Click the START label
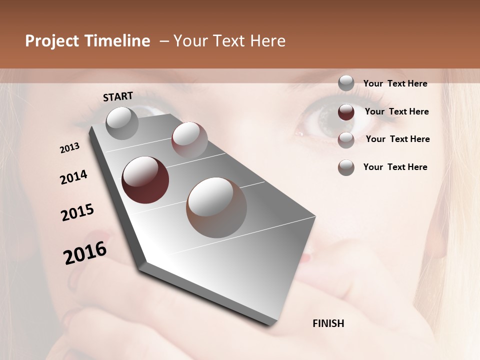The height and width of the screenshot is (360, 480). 118,96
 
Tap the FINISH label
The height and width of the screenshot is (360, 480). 328,323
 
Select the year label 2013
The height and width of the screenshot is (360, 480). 70,148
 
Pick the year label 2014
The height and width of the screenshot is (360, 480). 74,177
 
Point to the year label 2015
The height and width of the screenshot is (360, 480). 77,212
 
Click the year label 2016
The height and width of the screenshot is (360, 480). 85,253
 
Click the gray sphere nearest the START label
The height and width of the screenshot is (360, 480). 122,123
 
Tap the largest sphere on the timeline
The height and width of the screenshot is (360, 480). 216,207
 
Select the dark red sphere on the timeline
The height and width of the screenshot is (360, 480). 145,180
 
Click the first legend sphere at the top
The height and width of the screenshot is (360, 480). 346,83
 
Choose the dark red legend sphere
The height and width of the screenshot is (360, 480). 346,112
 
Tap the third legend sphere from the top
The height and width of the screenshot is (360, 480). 346,140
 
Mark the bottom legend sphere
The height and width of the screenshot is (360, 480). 346,167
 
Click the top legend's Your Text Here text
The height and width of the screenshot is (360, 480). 395,83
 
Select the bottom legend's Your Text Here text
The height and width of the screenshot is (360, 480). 395,167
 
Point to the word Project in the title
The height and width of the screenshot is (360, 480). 52,41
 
